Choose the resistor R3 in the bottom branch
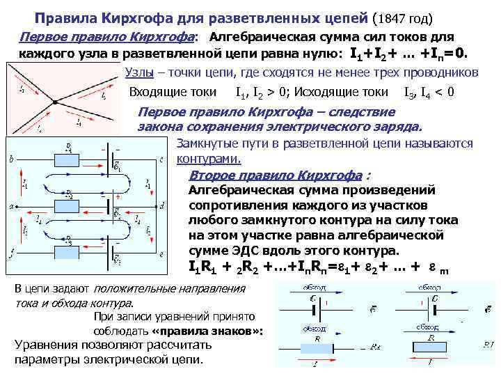point(68,244)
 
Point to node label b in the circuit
point(11,159)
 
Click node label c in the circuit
point(161,159)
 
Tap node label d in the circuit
point(161,206)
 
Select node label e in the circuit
point(161,253)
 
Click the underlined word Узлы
point(141,72)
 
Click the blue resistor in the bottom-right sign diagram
point(436,347)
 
